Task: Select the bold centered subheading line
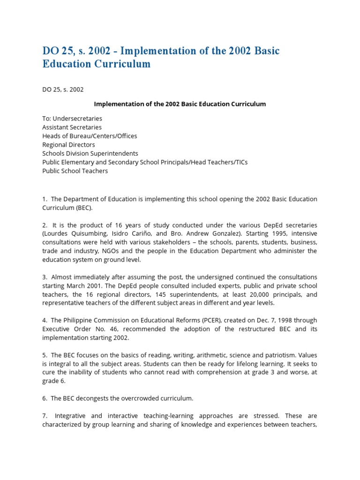coord(180,104)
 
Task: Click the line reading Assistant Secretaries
coord(72,127)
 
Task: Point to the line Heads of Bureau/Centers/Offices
coord(90,136)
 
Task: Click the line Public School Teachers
coord(75,171)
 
